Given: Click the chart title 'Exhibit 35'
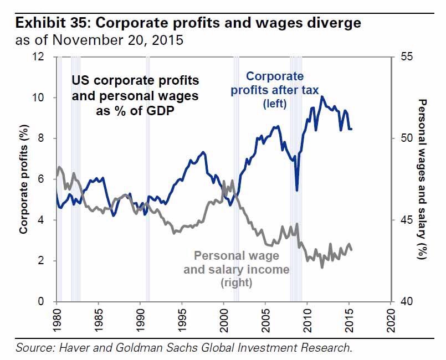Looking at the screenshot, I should (x=52, y=23).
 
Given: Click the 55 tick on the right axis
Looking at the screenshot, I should (x=406, y=56).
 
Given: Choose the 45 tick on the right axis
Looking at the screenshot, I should (x=406, y=220).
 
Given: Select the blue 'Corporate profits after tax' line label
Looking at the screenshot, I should (x=275, y=89).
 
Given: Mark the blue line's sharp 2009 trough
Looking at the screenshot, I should (x=298, y=190).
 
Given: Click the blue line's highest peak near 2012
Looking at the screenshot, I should (x=322, y=97).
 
